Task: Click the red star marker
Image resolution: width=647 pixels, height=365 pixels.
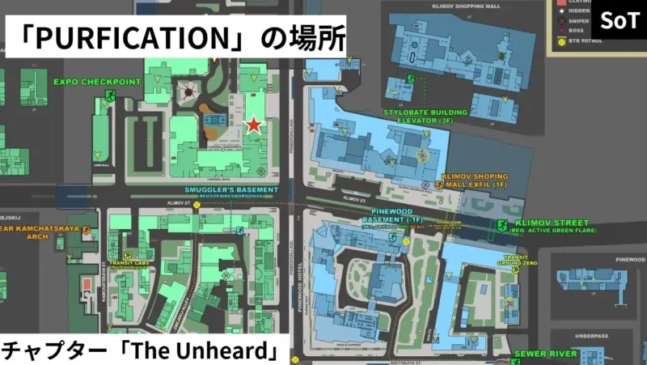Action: [x=253, y=125]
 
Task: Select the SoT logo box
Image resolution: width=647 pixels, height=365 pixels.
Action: [x=619, y=21]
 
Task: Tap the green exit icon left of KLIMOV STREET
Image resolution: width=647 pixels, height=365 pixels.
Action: [x=502, y=224]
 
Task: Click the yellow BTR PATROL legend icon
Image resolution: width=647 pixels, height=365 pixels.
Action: [x=562, y=40]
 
